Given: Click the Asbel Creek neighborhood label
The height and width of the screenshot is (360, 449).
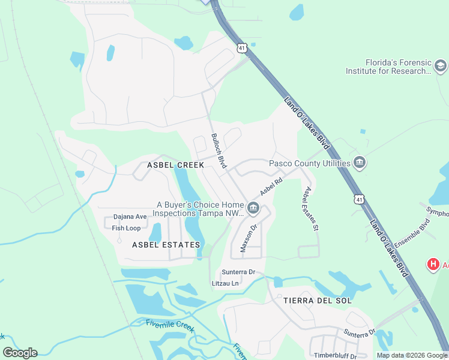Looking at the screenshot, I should pos(176,164).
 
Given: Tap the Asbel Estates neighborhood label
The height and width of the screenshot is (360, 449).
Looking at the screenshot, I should pos(166,245).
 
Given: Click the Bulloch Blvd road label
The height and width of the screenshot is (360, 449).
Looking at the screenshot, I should pos(218,151).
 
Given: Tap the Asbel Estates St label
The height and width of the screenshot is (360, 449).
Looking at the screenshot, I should pos(310,209).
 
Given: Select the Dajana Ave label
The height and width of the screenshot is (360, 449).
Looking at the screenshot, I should pos(130,217).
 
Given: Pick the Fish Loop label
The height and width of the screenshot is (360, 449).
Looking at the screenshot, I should pos(126,228).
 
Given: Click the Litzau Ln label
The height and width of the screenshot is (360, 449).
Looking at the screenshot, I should pos(225,283).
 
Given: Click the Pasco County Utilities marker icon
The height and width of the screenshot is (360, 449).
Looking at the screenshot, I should pos(360,162).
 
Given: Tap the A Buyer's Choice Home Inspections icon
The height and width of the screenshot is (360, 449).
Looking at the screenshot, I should pos(253,209).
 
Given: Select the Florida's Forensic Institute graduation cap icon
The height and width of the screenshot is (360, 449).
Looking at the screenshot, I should pos(440,65).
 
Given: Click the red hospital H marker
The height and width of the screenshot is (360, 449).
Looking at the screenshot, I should pos(432,264).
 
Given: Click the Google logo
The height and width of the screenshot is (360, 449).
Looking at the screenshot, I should pos(20,352).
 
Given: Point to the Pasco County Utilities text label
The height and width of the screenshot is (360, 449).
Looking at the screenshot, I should pos(309,163).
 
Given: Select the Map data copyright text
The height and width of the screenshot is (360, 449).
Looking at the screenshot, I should pos(412,355).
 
